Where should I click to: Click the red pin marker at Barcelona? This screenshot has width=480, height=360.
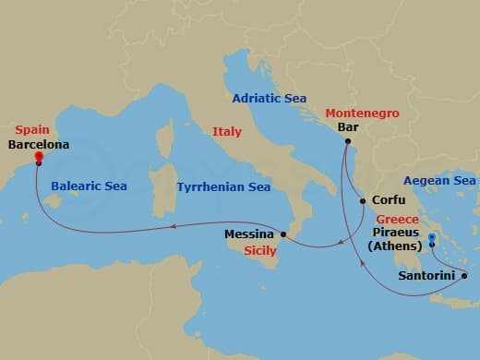point(39,157)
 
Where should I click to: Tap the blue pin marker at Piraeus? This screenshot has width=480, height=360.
point(432,240)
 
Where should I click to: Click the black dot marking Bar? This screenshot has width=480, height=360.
point(347,142)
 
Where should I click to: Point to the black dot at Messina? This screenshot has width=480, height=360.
point(284,236)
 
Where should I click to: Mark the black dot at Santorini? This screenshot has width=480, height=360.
point(463,275)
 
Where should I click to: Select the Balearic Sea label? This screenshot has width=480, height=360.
point(90,186)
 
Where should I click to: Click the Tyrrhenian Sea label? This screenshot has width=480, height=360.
point(223,187)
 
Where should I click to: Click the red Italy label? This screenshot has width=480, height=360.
point(227,132)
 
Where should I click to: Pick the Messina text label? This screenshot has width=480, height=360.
point(249,234)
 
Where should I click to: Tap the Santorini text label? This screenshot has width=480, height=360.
point(426,275)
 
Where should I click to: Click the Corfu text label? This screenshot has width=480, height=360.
point(388,199)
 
